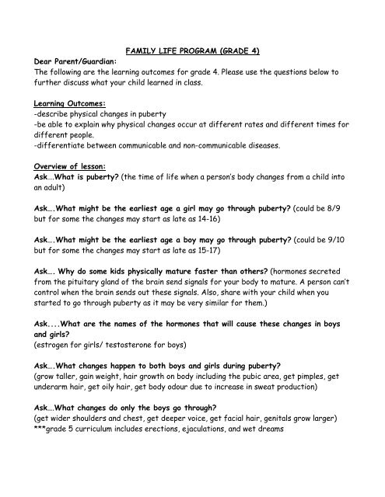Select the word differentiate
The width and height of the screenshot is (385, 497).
[64, 144]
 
